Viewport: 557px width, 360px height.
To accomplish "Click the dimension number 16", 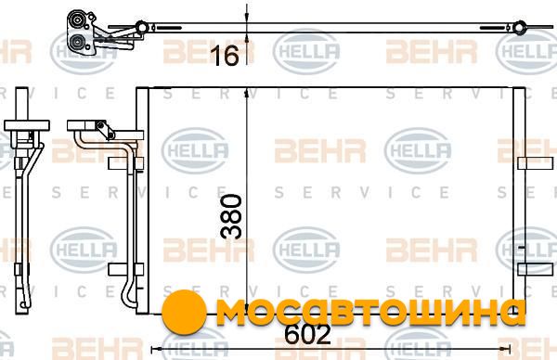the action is pos(225,56).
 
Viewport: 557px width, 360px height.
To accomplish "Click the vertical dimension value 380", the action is pos(231,216).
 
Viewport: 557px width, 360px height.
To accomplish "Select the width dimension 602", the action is pos(307,334).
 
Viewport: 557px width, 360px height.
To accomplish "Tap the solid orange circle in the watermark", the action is pos(184,312).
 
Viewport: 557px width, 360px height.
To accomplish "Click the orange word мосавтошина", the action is pos(370,312).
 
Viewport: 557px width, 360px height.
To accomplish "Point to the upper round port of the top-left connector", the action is pos(76,19).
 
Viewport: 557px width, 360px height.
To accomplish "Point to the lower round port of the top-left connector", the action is pos(76,43).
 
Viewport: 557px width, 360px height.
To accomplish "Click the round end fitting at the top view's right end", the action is pos(520,28).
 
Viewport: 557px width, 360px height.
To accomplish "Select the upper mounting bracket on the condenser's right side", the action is pos(536,163).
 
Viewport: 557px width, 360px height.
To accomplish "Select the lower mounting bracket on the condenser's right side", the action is pos(536,269).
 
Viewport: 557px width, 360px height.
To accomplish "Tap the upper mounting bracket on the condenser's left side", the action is pos(125,163).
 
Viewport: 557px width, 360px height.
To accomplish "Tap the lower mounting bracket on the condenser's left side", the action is pos(125,269).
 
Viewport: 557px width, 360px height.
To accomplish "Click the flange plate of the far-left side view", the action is pos(27,125).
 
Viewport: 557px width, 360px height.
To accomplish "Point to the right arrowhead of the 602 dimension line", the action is pos(506,350).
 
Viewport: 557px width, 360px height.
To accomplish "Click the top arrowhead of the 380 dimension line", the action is pos(246,93).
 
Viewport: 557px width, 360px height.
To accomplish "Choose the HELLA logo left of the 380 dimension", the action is pos(195,151).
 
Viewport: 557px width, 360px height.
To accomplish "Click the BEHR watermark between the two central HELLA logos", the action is pos(320,151).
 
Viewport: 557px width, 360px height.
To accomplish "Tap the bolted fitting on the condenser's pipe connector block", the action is pos(106,130).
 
